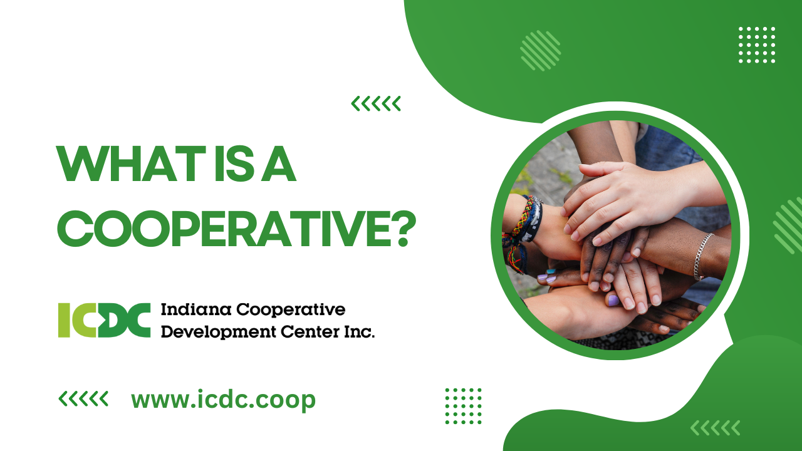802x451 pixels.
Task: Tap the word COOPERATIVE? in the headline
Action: [237, 229]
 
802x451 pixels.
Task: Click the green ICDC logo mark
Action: [104, 320]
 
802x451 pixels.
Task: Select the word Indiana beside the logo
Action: [196, 309]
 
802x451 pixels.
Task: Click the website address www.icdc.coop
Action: [223, 400]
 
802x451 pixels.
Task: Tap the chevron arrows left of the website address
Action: [83, 399]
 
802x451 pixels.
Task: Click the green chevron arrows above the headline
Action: [375, 103]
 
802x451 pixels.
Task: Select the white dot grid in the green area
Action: [757, 44]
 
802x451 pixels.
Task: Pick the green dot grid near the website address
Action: [463, 407]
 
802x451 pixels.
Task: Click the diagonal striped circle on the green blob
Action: [541, 51]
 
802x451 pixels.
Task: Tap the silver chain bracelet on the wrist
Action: [702, 256]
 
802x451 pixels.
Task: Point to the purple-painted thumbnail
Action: [613, 300]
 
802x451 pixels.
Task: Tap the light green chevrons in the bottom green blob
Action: [715, 428]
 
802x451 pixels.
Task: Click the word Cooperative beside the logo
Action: [291, 310]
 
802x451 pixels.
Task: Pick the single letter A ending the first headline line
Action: [279, 163]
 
